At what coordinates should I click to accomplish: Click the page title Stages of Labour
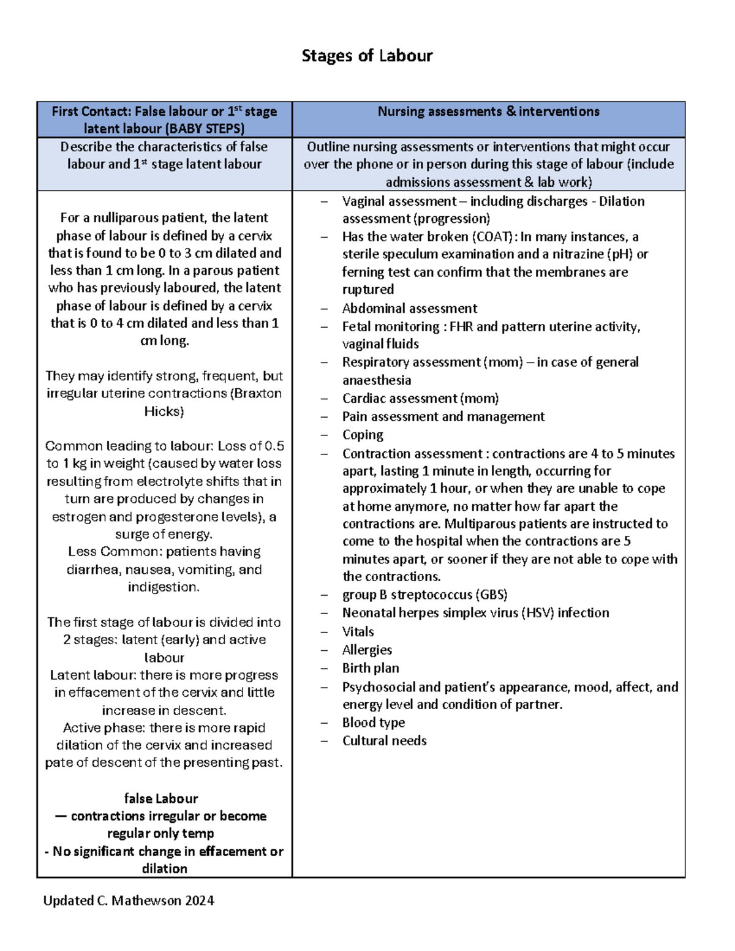pos(367,56)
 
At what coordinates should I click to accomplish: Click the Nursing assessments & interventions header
pos(488,111)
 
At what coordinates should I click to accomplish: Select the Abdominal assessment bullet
pos(409,309)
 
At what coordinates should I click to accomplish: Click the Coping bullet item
pos(363,435)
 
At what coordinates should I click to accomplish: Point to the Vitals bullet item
pos(358,632)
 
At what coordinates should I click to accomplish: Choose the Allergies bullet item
pos(367,650)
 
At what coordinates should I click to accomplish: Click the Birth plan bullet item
pos(370,668)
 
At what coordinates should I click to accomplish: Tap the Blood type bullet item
pos(373,723)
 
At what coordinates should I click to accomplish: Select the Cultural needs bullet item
pos(384,741)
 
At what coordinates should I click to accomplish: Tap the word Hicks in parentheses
pos(164,412)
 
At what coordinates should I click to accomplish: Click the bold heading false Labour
pos(161,799)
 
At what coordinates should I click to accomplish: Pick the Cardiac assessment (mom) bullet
pos(420,399)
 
